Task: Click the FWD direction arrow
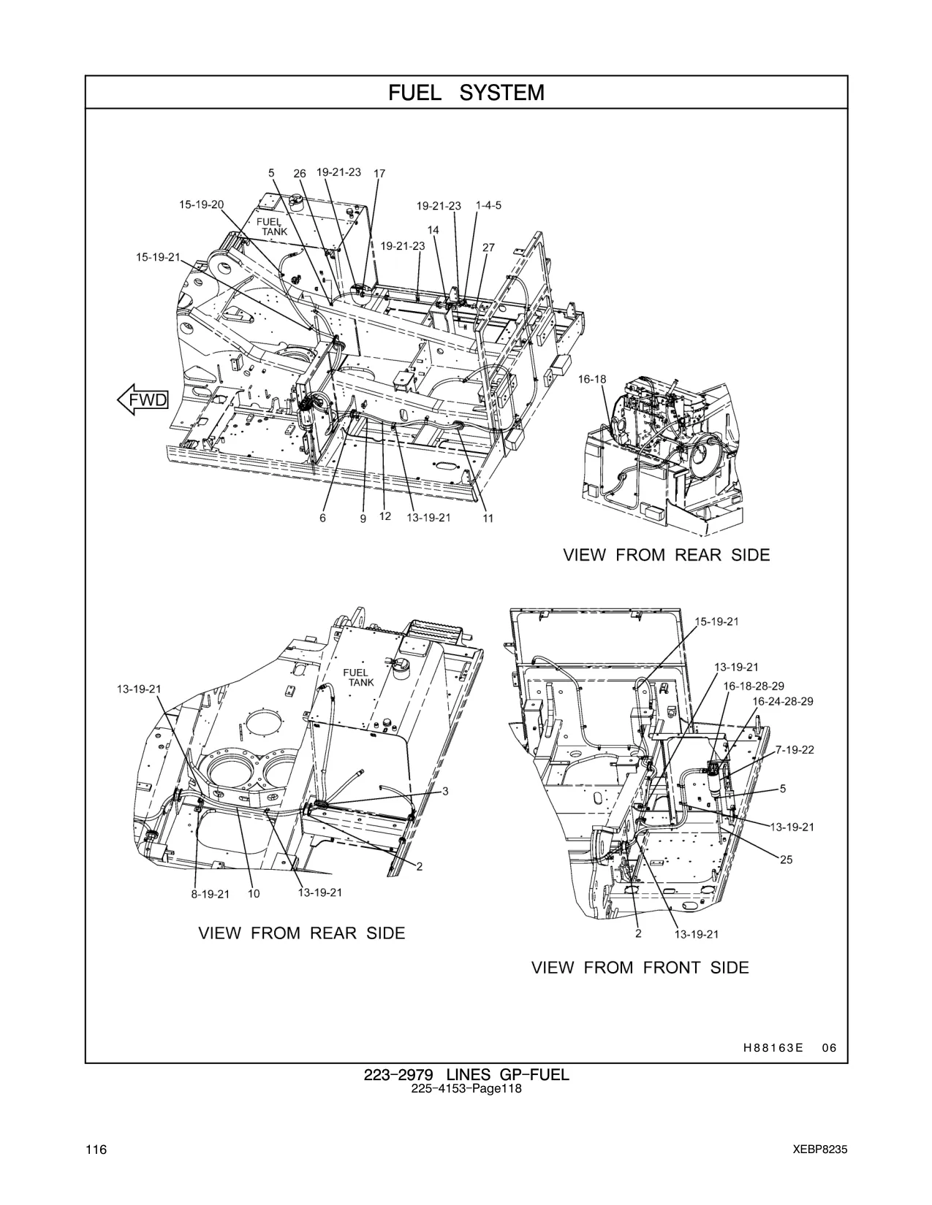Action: (143, 399)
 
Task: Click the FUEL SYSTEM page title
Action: (466, 93)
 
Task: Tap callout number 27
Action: (488, 248)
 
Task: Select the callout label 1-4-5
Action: (488, 205)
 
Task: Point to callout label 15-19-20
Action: (202, 204)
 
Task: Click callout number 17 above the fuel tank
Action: (379, 174)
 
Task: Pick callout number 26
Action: (300, 174)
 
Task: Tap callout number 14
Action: (433, 229)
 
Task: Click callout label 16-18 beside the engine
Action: (592, 379)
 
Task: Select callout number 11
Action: (488, 519)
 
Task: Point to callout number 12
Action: (385, 516)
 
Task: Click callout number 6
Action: (322, 519)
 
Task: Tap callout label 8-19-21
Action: (211, 895)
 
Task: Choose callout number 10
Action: (254, 894)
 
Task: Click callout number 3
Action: (445, 792)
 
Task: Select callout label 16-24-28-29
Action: (783, 702)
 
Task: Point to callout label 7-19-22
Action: (795, 750)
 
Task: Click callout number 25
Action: (787, 860)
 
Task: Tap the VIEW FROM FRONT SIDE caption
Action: (640, 968)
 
